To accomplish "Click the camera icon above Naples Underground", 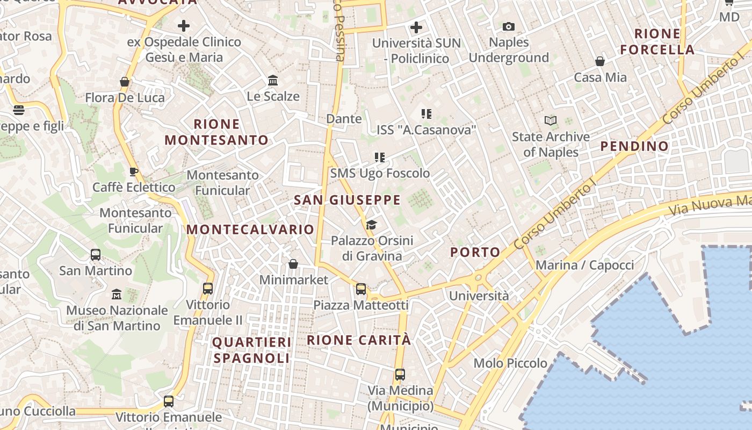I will pyautogui.click(x=508, y=26).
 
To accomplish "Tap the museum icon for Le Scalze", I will pyautogui.click(x=273, y=81).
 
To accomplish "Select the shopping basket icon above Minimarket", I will pyautogui.click(x=293, y=264).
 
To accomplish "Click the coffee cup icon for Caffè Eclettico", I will pyautogui.click(x=134, y=171).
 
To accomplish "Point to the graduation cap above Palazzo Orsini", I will pyautogui.click(x=371, y=224).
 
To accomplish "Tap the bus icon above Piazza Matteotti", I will pyautogui.click(x=361, y=289).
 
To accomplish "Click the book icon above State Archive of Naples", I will pyautogui.click(x=551, y=120).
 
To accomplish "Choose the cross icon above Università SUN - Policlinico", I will pyautogui.click(x=416, y=27).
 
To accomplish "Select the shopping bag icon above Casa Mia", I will pyautogui.click(x=600, y=61).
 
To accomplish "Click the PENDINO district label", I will pyautogui.click(x=634, y=146).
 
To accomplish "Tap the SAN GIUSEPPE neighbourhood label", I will pyautogui.click(x=347, y=200).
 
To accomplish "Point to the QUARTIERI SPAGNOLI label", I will pyautogui.click(x=251, y=350).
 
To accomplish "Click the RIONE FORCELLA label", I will pyautogui.click(x=657, y=41).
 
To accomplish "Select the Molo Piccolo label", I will pyautogui.click(x=510, y=363).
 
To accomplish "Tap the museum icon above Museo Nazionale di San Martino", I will pyautogui.click(x=117, y=295).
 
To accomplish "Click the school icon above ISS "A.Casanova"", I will pyautogui.click(x=426, y=113).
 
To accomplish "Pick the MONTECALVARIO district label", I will pyautogui.click(x=250, y=230).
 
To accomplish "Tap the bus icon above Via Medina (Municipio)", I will pyautogui.click(x=400, y=375).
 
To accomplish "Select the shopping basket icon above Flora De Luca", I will pyautogui.click(x=125, y=82).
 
